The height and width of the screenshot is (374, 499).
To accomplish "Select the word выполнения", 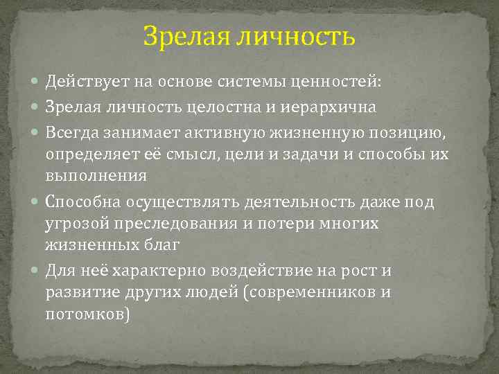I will click(96, 175).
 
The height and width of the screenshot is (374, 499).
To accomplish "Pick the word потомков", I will click(87, 314).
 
